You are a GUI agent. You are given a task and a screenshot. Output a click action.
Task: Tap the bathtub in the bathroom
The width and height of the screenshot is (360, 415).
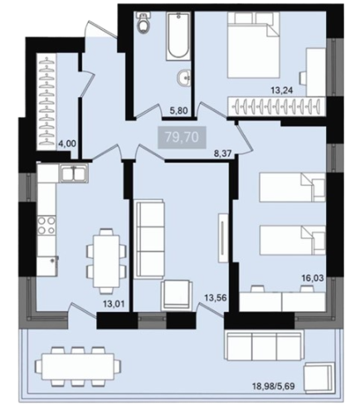click(x=178, y=37)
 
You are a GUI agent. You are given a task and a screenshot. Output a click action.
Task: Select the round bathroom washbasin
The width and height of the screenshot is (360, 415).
click(x=183, y=77)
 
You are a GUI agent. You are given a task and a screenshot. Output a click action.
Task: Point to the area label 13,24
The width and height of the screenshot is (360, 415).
click(x=282, y=90)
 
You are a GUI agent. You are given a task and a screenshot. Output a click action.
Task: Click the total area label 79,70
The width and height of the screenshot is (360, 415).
click(x=182, y=137)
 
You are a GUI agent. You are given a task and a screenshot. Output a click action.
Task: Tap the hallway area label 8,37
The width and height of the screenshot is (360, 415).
click(x=222, y=154)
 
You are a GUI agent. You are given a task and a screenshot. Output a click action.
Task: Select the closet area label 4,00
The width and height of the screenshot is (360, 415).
click(x=67, y=144)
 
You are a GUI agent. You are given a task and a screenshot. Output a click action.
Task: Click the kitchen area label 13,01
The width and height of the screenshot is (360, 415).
click(x=114, y=304)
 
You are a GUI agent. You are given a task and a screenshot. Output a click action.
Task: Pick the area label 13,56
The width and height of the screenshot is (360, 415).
click(x=216, y=298)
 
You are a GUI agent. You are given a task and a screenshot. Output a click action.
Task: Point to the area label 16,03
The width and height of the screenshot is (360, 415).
click(x=313, y=278)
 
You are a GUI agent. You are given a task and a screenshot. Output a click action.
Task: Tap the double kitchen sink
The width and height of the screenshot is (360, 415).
click(x=74, y=173)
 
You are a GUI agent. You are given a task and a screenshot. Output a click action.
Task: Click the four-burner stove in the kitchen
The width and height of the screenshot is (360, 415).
click(x=46, y=225)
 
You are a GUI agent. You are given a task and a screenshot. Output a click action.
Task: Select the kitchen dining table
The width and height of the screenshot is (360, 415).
click(x=106, y=261)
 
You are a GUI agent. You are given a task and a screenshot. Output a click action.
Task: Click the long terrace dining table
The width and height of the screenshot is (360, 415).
click(x=78, y=367)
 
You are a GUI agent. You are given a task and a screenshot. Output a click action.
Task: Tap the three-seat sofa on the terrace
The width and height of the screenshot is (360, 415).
click(x=265, y=344)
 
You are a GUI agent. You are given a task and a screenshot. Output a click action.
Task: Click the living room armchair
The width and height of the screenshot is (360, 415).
click(x=177, y=295)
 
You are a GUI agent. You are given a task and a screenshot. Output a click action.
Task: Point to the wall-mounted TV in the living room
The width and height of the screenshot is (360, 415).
click(x=223, y=237)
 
